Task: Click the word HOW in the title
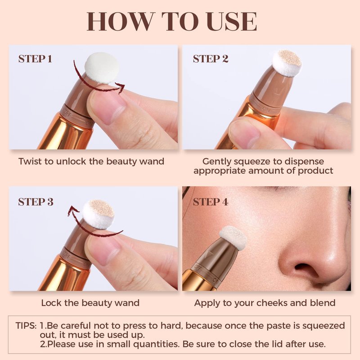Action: [120, 21]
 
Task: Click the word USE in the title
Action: [231, 21]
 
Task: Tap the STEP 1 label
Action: [35, 59]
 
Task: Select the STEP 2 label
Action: [211, 59]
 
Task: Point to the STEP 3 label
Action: [36, 202]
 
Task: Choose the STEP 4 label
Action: [211, 202]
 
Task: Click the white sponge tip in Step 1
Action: [102, 68]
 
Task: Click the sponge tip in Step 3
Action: [99, 214]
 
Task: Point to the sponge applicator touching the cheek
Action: [233, 238]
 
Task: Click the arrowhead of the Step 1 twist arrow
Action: [121, 88]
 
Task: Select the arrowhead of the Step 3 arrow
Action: [73, 210]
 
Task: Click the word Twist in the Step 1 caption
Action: [30, 162]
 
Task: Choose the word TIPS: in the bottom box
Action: [26, 326]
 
